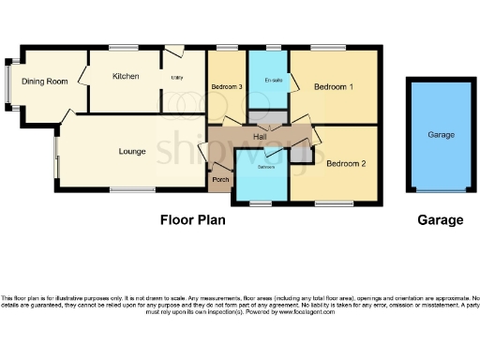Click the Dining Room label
coord(46,82)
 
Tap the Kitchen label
coord(126,76)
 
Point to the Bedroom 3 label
coord(226,87)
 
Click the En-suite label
coord(274,79)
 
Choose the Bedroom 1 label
coord(333,87)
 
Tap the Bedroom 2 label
coord(345,163)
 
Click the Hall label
coord(262,137)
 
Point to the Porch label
coord(220,179)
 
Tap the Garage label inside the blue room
coord(441,135)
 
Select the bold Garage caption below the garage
coord(441,220)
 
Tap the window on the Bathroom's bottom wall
coord(261,202)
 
